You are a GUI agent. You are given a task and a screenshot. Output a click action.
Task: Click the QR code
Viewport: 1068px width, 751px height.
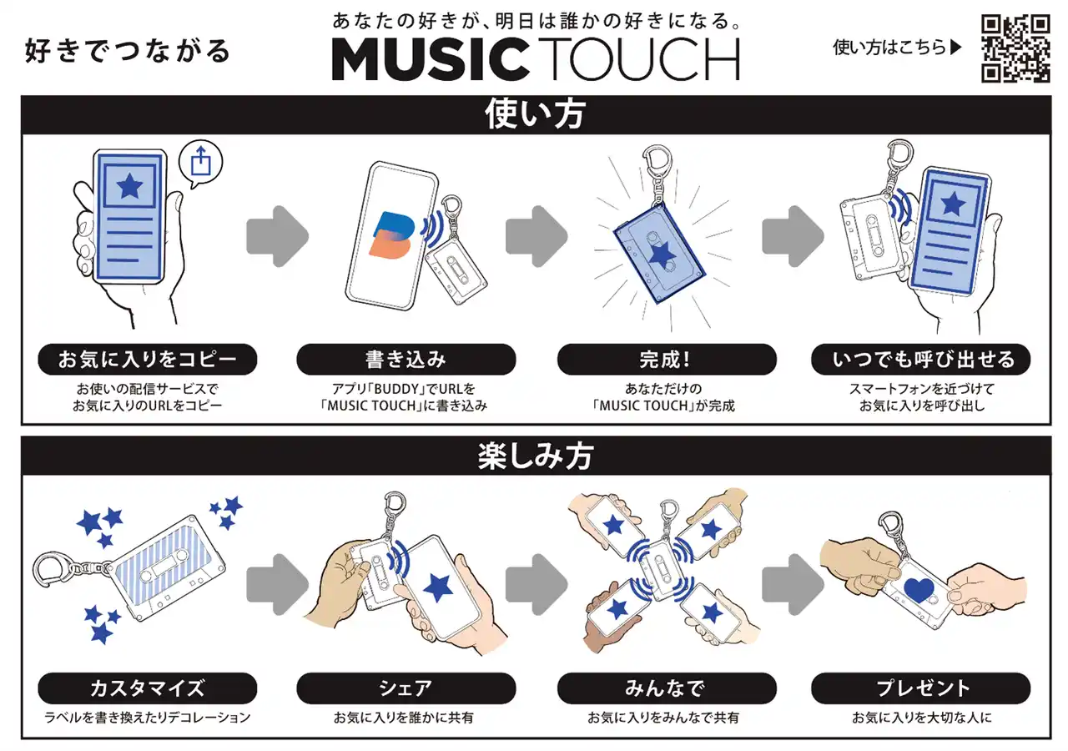pyautogui.click(x=1015, y=48)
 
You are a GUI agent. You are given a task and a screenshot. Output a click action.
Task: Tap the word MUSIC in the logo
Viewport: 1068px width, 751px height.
pyautogui.click(x=430, y=59)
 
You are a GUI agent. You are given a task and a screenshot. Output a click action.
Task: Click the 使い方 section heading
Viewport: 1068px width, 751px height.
pyautogui.click(x=535, y=114)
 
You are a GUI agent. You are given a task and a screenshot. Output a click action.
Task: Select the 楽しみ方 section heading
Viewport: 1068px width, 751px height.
pyautogui.click(x=535, y=456)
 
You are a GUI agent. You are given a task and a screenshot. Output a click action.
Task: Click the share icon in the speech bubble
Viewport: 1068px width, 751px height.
pyautogui.click(x=200, y=161)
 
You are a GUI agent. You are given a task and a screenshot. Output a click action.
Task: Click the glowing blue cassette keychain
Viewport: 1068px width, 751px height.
pyautogui.click(x=660, y=253)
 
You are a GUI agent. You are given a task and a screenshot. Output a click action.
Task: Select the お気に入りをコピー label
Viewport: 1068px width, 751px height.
pyautogui.click(x=148, y=359)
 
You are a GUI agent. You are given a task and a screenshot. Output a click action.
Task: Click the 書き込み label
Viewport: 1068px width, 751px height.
pyautogui.click(x=406, y=359)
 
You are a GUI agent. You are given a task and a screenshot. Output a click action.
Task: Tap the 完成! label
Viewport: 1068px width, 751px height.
pyautogui.click(x=667, y=359)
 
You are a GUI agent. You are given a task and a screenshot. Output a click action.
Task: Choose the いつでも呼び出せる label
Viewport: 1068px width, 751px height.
pyautogui.click(x=920, y=359)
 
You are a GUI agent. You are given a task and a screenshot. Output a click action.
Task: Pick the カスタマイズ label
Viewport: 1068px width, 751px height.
pyautogui.click(x=148, y=688)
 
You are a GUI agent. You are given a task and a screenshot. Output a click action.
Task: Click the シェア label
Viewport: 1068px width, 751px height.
pyautogui.click(x=406, y=688)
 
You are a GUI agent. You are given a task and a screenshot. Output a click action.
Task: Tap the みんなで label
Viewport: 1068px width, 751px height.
pyautogui.click(x=667, y=688)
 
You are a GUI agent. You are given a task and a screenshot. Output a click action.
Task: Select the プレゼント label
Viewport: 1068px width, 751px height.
pyautogui.click(x=920, y=688)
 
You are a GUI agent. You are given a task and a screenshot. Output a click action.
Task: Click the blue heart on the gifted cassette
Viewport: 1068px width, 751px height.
pyautogui.click(x=919, y=590)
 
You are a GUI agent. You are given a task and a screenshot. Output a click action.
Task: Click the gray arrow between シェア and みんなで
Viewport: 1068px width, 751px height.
pyautogui.click(x=537, y=584)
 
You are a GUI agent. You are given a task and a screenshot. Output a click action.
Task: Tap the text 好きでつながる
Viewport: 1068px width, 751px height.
pyautogui.click(x=128, y=51)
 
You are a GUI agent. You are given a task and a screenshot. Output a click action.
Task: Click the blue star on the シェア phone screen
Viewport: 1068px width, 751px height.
pyautogui.click(x=438, y=587)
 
